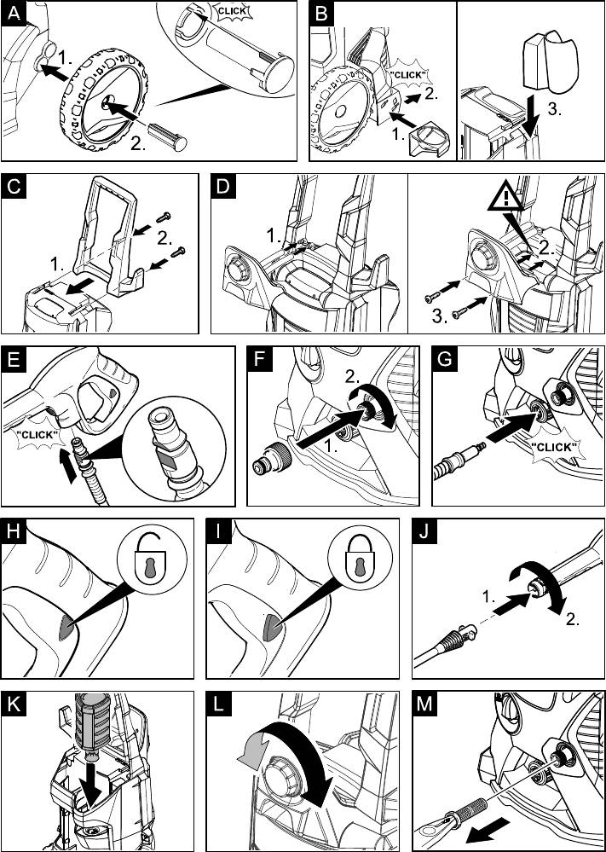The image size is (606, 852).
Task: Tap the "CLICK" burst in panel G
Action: click(554, 448)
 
